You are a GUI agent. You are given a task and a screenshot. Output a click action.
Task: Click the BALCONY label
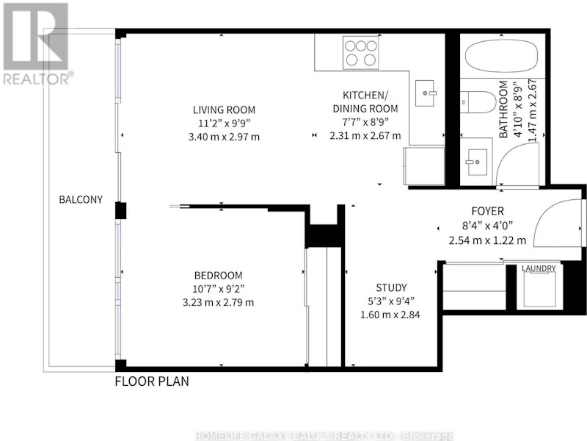81,199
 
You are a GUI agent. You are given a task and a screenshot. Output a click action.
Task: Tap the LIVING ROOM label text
224,110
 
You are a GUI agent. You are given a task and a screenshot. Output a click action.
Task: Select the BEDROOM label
218,276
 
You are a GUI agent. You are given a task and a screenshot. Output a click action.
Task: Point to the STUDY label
391,287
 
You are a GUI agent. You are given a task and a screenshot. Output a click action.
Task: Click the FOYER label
487,211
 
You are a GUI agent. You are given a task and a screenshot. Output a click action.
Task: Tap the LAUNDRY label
539,268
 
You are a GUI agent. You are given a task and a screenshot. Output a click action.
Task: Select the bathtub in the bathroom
502,56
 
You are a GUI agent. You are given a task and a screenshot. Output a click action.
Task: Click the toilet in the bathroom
478,101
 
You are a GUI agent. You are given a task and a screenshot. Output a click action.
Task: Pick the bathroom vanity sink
476,162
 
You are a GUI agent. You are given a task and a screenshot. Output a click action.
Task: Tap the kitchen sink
425,93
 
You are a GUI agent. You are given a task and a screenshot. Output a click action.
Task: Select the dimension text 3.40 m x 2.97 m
224,137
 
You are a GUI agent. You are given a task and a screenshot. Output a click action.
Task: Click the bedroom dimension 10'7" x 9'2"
218,289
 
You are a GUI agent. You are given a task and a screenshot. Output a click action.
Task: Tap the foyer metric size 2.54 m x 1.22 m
487,240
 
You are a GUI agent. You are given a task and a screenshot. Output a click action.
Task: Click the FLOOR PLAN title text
152,381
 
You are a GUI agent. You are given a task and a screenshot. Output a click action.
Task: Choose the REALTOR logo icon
35,37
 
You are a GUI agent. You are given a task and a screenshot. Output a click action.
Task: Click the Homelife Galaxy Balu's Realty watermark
324,436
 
